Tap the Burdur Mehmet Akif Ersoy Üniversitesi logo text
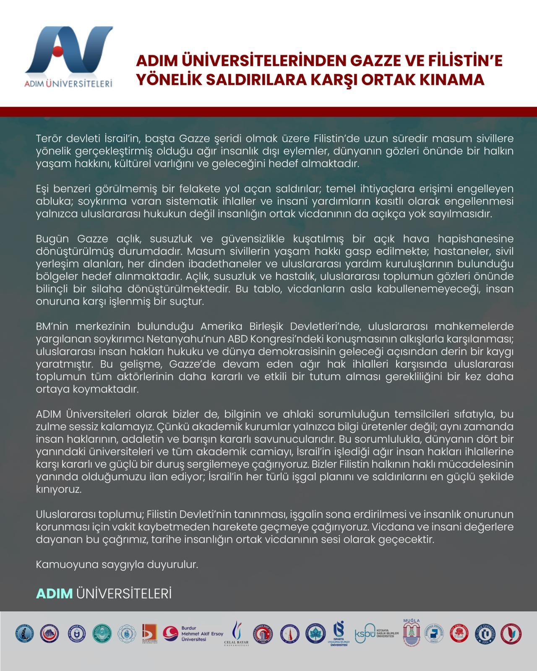(x=202, y=634)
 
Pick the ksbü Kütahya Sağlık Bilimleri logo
(x=377, y=634)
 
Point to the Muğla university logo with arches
(x=411, y=633)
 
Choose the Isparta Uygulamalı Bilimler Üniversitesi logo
(x=339, y=633)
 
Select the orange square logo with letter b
(x=149, y=633)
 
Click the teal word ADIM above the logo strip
(x=54, y=593)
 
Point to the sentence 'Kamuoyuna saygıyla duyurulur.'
(x=117, y=564)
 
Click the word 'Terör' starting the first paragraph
(x=50, y=138)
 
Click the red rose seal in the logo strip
(x=459, y=634)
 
